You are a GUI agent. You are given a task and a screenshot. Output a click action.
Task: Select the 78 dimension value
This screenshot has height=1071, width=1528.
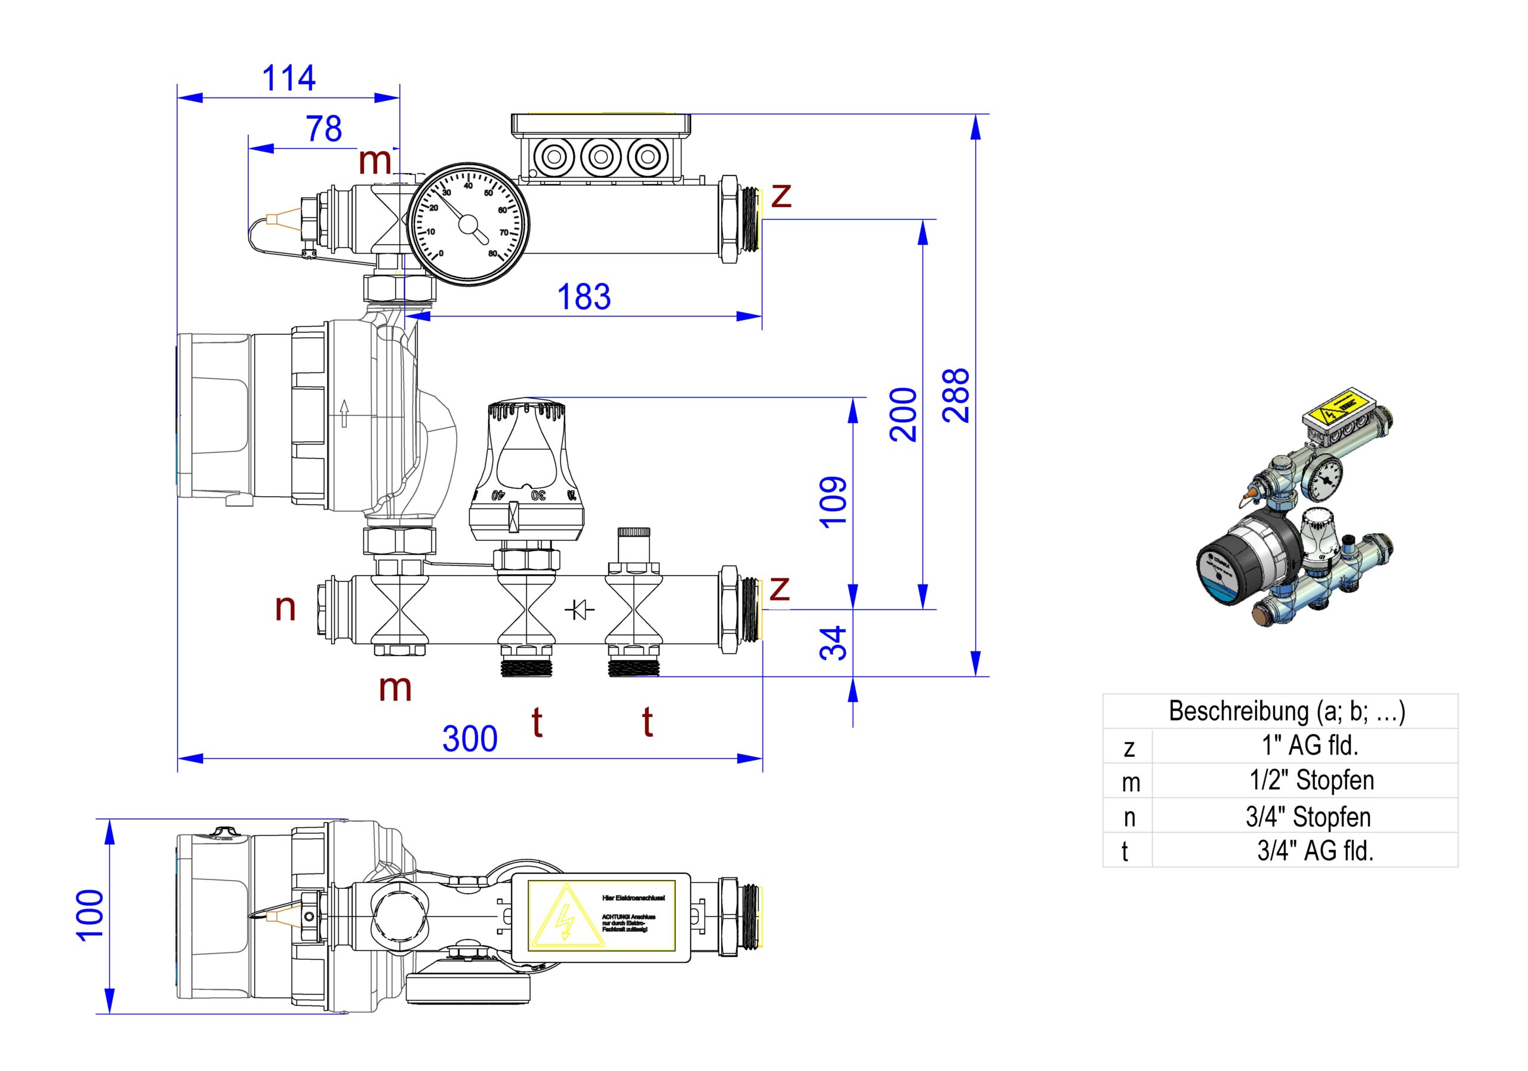(324, 128)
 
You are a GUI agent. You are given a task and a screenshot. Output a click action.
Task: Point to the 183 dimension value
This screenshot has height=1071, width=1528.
(584, 297)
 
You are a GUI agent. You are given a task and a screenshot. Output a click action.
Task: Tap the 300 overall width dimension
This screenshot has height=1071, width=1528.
(470, 739)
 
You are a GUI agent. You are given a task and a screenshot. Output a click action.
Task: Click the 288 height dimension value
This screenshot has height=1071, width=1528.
(957, 395)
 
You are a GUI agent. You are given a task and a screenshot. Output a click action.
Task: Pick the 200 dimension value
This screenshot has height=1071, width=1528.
(903, 414)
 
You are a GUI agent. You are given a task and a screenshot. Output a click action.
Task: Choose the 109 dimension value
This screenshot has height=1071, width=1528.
(833, 502)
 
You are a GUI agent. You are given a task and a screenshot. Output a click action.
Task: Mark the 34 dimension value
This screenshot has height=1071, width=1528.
(833, 643)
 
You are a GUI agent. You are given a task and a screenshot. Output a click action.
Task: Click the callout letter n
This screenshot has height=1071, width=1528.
(285, 608)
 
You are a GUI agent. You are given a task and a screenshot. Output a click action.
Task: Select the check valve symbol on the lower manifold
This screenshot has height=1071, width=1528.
(579, 608)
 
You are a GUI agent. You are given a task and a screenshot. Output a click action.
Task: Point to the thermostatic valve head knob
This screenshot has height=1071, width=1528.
(526, 466)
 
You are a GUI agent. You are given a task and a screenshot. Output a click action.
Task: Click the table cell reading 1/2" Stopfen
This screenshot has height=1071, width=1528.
(1311, 780)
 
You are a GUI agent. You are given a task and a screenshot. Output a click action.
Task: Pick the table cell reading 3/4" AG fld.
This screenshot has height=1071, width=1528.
(1315, 850)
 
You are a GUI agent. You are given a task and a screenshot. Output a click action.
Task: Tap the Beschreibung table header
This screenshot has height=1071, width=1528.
(1286, 711)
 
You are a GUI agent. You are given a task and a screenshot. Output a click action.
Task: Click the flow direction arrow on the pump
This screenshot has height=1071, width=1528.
(343, 413)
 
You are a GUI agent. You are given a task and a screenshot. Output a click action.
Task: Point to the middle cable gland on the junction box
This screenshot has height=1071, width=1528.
(600, 157)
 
